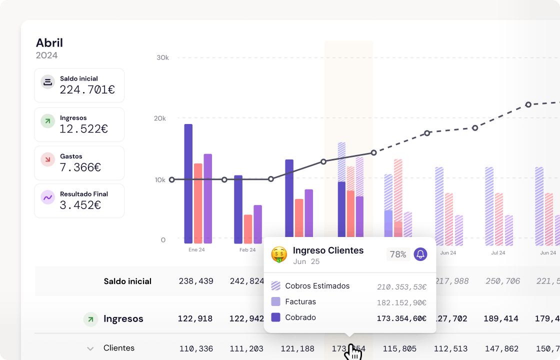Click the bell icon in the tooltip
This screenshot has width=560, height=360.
coord(420,254)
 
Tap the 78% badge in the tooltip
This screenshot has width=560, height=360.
coord(398,254)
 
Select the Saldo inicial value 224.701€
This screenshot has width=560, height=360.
coord(87,90)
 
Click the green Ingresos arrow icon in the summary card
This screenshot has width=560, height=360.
coord(47,121)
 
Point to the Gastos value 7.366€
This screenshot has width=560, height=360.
coord(80,167)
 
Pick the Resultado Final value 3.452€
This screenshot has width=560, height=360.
coord(80,205)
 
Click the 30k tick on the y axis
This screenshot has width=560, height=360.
coord(162,58)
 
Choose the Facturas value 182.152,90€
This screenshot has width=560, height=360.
coord(401,302)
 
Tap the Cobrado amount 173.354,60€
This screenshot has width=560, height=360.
coord(401,318)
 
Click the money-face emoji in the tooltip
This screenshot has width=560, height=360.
coord(279,254)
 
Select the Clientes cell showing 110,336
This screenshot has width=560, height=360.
coord(195,348)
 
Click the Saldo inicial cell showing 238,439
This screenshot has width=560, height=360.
coord(195,281)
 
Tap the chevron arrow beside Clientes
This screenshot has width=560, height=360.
coord(90,348)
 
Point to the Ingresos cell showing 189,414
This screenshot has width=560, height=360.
coord(501,319)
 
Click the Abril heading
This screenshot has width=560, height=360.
coord(49,43)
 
